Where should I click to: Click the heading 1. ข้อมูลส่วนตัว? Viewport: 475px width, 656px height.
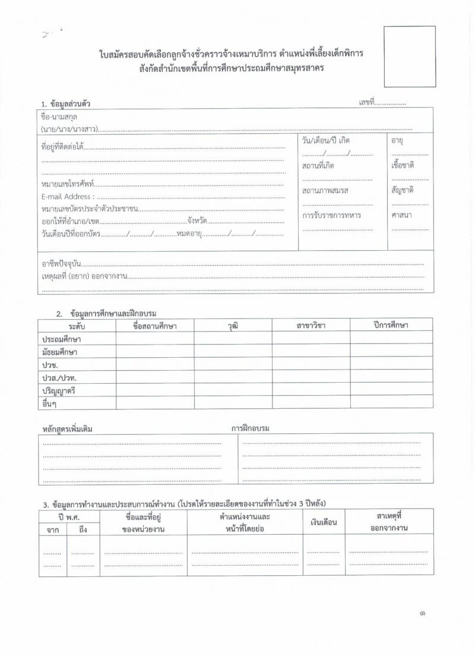click(66, 105)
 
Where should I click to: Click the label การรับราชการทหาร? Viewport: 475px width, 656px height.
click(331, 215)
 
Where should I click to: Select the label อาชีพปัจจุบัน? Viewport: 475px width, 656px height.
click(61, 263)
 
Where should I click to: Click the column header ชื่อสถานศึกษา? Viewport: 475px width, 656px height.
click(155, 326)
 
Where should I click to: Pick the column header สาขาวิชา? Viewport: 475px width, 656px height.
click(311, 326)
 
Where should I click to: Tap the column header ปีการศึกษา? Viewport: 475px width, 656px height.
click(391, 325)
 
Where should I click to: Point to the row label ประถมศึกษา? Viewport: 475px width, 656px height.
click(61, 339)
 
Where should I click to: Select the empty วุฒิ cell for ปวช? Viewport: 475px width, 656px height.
click(233, 364)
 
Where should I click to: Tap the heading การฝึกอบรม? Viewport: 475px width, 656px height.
click(251, 428)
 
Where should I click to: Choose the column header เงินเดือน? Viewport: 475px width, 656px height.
click(324, 522)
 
